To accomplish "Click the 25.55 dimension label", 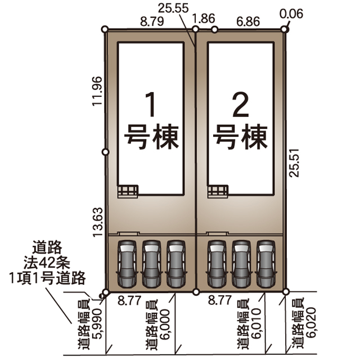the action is pyautogui.click(x=173, y=8).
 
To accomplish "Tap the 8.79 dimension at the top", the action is pyautogui.click(x=152, y=21).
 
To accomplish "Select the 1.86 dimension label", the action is pyautogui.click(x=204, y=19).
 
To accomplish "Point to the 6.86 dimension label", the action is pyautogui.click(x=248, y=21).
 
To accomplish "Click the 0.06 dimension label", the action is pyautogui.click(x=291, y=13).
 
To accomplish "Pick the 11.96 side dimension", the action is pyautogui.click(x=97, y=91).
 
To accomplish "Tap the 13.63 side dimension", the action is pyautogui.click(x=97, y=222).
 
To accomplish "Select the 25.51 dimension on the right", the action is pyautogui.click(x=294, y=163).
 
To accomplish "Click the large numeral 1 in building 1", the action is pyautogui.click(x=150, y=104).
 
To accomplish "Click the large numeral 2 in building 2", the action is pyautogui.click(x=241, y=104).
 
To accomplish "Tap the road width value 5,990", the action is pyautogui.click(x=97, y=324).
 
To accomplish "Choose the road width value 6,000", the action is pyautogui.click(x=165, y=324).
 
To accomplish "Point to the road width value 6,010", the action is pyautogui.click(x=256, y=323).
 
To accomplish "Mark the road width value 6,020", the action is pyautogui.click(x=312, y=322).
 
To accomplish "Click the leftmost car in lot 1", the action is pyautogui.click(x=127, y=264).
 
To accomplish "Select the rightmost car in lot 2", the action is pyautogui.click(x=266, y=264).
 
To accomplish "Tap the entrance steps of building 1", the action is pyautogui.click(x=128, y=191).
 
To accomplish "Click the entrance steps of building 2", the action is pyautogui.click(x=218, y=191).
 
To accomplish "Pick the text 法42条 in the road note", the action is pyautogui.click(x=47, y=263).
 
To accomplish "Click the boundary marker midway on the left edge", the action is pyautogui.click(x=105, y=152).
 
